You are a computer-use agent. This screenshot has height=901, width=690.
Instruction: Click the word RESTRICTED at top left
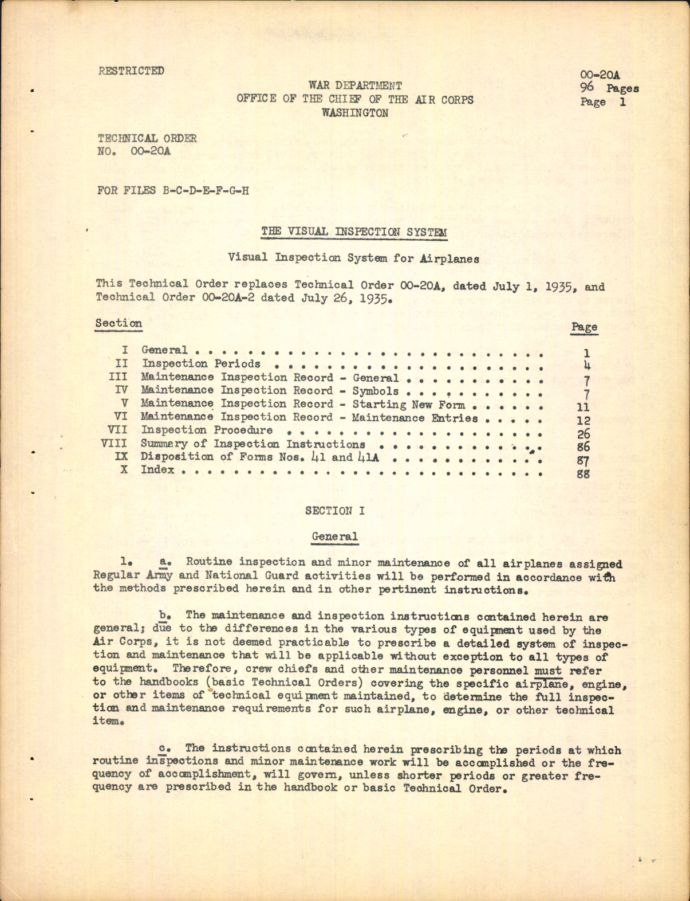[131, 70]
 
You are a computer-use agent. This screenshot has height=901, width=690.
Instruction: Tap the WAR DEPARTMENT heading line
[355, 86]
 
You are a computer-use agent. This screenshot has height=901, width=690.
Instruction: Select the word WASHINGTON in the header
[355, 113]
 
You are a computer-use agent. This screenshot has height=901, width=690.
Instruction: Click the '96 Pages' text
[609, 88]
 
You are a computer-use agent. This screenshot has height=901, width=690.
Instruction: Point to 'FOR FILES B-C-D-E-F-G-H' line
[173, 190]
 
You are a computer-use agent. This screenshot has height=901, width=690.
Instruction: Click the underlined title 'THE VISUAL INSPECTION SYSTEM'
[354, 232]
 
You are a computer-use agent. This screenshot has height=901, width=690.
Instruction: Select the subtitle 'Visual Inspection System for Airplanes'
[353, 258]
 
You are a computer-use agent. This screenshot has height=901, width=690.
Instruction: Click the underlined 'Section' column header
[119, 323]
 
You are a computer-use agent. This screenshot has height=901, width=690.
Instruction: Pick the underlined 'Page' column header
[584, 327]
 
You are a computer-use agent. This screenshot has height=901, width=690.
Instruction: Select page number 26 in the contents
[584, 434]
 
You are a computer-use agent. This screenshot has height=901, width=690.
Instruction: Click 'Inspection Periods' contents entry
[201, 363]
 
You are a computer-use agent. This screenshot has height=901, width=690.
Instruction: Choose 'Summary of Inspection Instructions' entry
[253, 444]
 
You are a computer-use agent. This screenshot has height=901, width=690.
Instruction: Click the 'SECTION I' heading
[335, 511]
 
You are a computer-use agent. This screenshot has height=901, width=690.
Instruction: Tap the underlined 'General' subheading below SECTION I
[335, 537]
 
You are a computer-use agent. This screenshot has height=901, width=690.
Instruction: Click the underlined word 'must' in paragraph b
[548, 670]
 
